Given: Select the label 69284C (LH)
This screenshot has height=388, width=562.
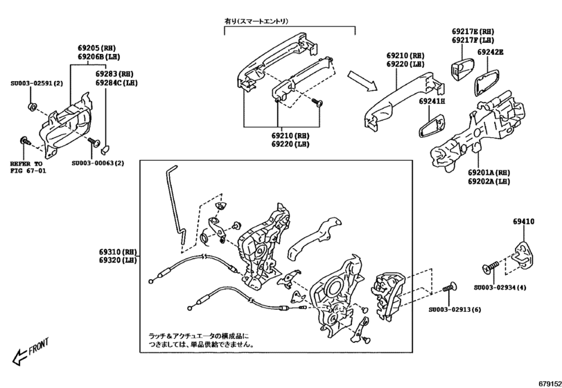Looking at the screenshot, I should (116, 82).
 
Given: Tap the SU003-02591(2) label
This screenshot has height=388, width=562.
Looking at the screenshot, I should (36, 83).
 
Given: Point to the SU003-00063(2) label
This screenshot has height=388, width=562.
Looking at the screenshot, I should (98, 164).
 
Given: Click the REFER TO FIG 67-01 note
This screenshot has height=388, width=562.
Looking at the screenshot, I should (28, 167).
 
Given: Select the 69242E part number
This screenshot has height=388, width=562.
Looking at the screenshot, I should (490, 52).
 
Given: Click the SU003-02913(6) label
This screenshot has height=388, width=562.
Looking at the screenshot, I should (454, 310).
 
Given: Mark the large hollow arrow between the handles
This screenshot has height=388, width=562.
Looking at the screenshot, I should (362, 80).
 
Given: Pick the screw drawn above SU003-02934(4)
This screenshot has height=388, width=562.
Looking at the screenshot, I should (489, 267).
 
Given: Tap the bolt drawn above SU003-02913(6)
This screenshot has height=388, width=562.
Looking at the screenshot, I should (448, 286).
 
